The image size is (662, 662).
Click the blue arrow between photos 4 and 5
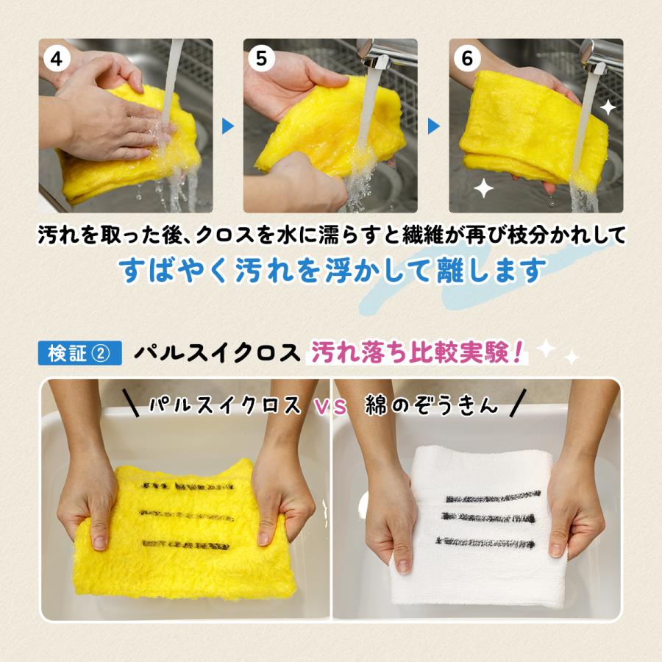click(228, 127)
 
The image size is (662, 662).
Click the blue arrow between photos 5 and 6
click(433, 127)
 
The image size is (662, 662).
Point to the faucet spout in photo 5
click(377, 52)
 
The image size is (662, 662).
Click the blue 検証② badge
click(79, 353)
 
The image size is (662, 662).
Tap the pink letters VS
click(331, 405)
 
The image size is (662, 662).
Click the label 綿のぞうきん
click(431, 405)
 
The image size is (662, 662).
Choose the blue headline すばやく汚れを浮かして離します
click(332, 270)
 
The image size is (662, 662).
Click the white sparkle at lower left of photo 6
click(483, 188)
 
